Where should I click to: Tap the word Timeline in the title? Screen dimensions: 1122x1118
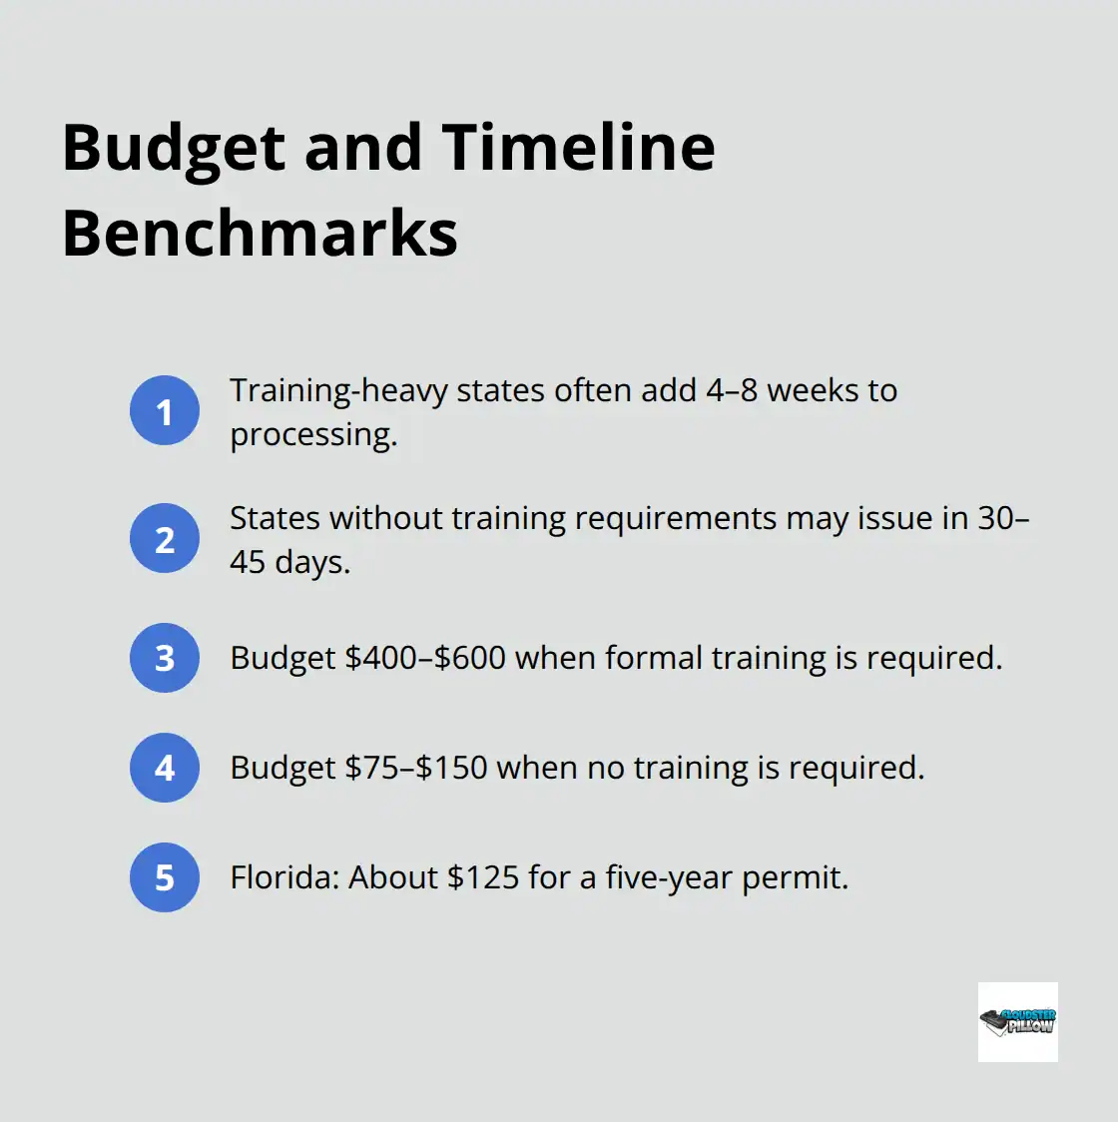tap(578, 148)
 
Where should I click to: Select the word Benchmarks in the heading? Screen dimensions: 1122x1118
tap(260, 234)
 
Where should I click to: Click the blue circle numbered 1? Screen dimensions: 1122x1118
tap(165, 410)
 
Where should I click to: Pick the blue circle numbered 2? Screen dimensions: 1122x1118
tap(165, 539)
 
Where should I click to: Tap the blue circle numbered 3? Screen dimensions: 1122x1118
tap(165, 658)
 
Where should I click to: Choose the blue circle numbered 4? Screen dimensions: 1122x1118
tap(165, 768)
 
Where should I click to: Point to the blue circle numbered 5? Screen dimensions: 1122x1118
tap(165, 877)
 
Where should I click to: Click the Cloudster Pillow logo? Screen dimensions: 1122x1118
tap(1017, 1021)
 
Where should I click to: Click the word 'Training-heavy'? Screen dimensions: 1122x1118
tap(338, 390)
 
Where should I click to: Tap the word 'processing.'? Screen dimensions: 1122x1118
tap(313, 434)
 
